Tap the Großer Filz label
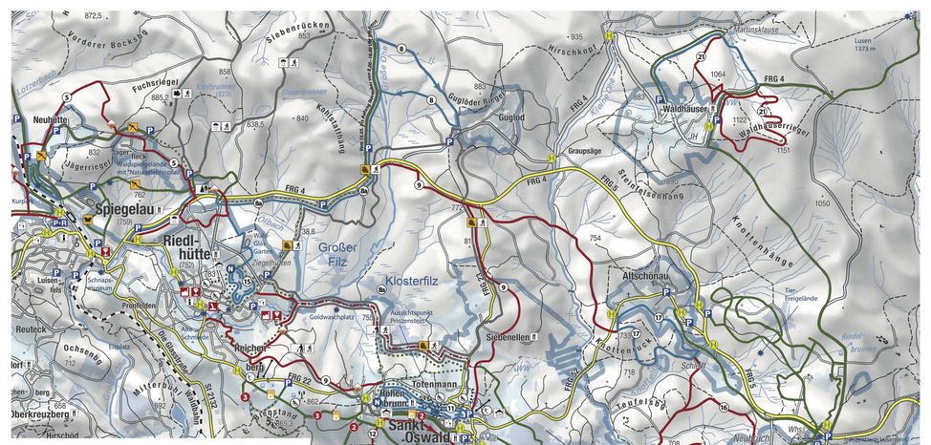click(x=339, y=252)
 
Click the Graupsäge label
click(x=584, y=151)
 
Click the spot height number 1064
click(x=719, y=73)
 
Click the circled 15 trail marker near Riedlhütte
click(x=247, y=282)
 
